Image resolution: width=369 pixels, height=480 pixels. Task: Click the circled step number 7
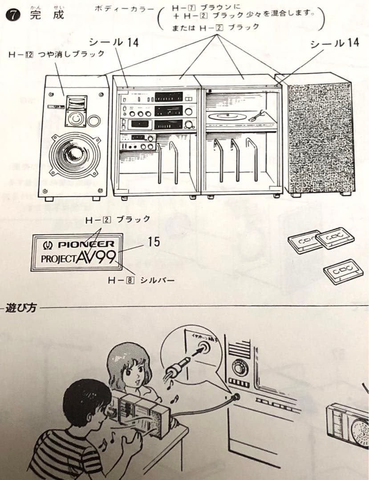click(12, 15)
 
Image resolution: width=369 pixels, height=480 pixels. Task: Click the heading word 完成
click(47, 14)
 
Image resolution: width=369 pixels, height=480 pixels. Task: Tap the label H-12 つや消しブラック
click(57, 54)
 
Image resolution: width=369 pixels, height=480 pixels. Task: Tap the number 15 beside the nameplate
click(154, 242)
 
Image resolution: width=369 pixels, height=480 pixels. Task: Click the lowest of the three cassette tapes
click(343, 271)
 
